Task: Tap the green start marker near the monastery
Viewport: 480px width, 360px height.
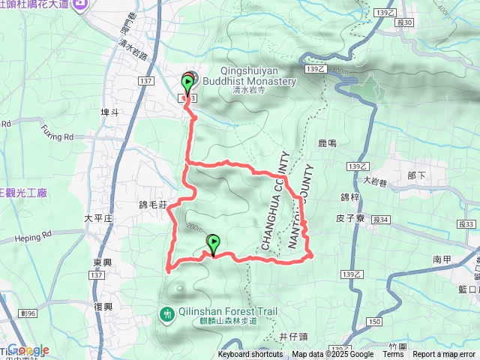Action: [187, 84]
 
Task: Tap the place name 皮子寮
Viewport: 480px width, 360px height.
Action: [350, 219]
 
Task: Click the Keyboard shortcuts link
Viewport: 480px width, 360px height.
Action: [251, 355]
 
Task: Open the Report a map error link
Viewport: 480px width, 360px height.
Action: [444, 355]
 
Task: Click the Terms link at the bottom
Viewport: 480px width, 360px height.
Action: [394, 355]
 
